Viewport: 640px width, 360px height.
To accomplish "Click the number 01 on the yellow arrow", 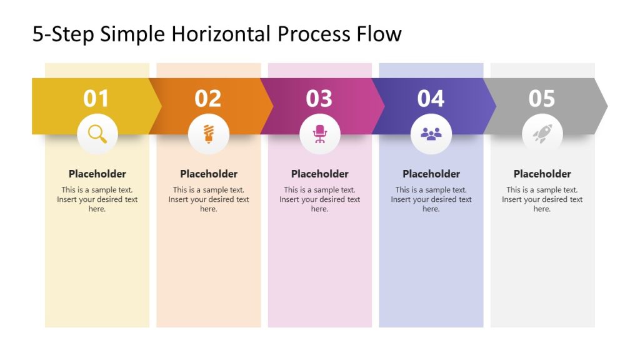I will pyautogui.click(x=96, y=98).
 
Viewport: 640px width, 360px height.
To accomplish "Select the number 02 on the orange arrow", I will pyautogui.click(x=208, y=98).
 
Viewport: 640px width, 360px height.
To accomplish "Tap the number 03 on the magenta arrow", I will pyautogui.click(x=319, y=98).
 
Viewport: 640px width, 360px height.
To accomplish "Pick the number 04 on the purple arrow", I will pyautogui.click(x=431, y=98).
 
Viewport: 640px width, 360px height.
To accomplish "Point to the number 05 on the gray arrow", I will pyautogui.click(x=542, y=98).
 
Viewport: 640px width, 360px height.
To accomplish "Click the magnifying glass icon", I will pyautogui.click(x=97, y=134).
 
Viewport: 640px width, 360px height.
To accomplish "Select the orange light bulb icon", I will pyautogui.click(x=208, y=134).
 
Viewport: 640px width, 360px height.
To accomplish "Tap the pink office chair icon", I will pyautogui.click(x=320, y=134).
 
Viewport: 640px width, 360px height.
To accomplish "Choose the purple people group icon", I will pyautogui.click(x=431, y=134).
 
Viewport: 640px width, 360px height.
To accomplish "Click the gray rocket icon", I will pyautogui.click(x=542, y=134).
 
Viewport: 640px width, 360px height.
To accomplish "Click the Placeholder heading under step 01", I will pyautogui.click(x=97, y=174).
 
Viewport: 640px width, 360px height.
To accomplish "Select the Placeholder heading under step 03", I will pyautogui.click(x=320, y=174).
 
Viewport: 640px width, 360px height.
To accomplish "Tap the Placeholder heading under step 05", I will pyautogui.click(x=542, y=174).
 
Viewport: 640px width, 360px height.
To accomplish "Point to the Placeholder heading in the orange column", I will pyautogui.click(x=209, y=174).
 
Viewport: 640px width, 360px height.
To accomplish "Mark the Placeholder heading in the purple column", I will pyautogui.click(x=431, y=174).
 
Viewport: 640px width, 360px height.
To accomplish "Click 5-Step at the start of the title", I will pyautogui.click(x=63, y=34).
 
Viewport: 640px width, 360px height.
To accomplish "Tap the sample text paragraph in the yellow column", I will pyautogui.click(x=97, y=199).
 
